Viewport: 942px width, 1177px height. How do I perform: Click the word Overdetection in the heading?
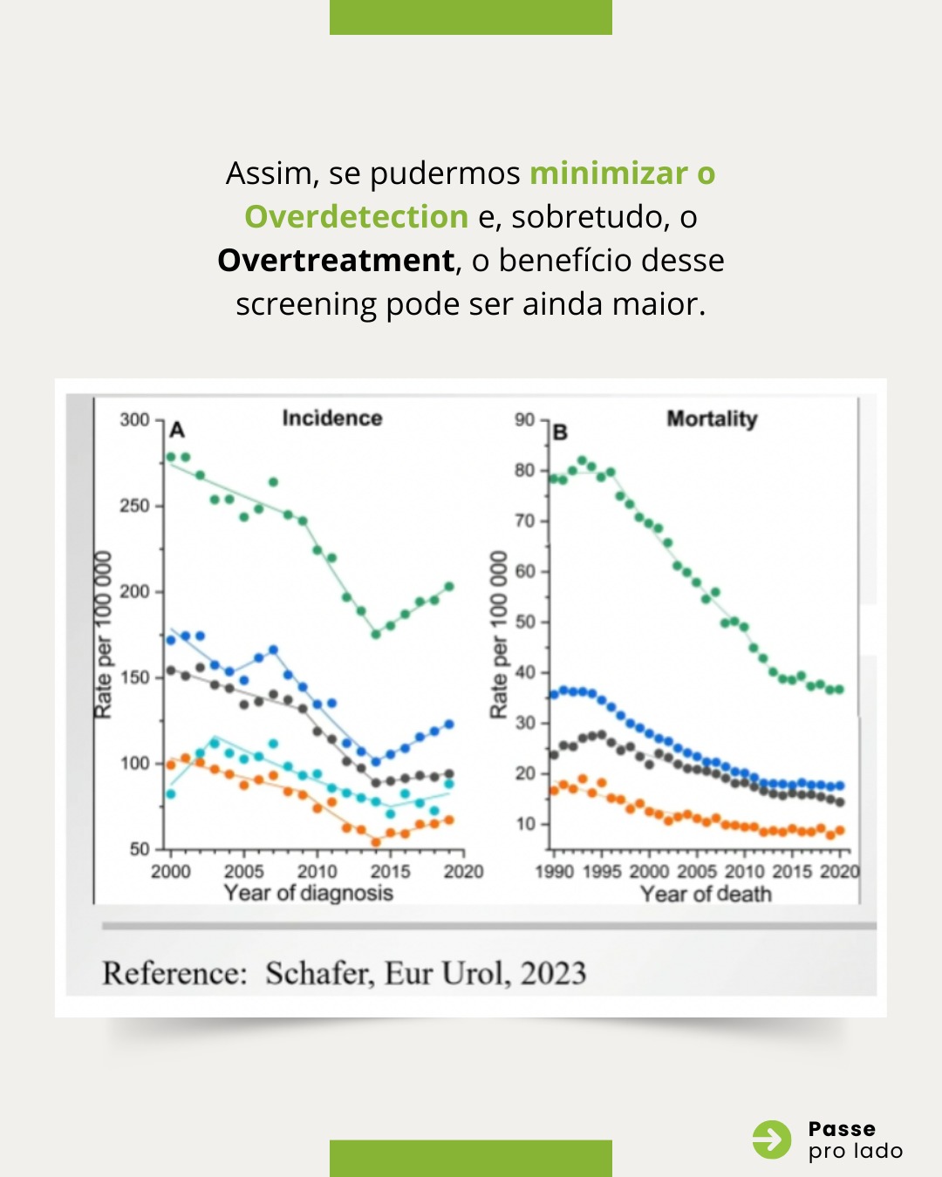[x=356, y=217]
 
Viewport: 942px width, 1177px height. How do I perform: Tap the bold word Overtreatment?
[x=336, y=261]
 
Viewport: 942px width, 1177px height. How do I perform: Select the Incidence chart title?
[x=332, y=418]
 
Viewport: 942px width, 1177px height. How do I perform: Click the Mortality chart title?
[x=712, y=419]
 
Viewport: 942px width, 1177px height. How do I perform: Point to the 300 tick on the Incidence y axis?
[x=135, y=420]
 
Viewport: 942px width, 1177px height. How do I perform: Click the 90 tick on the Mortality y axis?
[x=524, y=420]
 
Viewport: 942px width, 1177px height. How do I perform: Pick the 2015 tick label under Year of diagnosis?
[x=390, y=872]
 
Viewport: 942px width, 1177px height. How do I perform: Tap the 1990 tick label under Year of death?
[x=555, y=872]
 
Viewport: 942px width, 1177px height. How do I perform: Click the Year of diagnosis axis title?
[x=308, y=893]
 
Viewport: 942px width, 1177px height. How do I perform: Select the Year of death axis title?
[x=706, y=894]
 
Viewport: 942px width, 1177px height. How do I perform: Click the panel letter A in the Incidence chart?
[x=177, y=430]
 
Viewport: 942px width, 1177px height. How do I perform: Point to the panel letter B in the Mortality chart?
[x=560, y=432]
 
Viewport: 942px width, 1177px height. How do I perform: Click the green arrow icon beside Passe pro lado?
[x=772, y=1140]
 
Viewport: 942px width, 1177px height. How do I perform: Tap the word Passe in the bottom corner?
[x=842, y=1129]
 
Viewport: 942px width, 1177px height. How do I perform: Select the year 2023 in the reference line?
[x=553, y=973]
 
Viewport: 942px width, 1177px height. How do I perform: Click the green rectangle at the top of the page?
[x=471, y=17]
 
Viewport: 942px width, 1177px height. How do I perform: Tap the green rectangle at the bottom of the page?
[x=471, y=1159]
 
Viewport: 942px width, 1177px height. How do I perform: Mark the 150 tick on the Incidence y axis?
[x=135, y=677]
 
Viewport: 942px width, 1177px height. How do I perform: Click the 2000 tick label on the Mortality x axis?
[x=649, y=872]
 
